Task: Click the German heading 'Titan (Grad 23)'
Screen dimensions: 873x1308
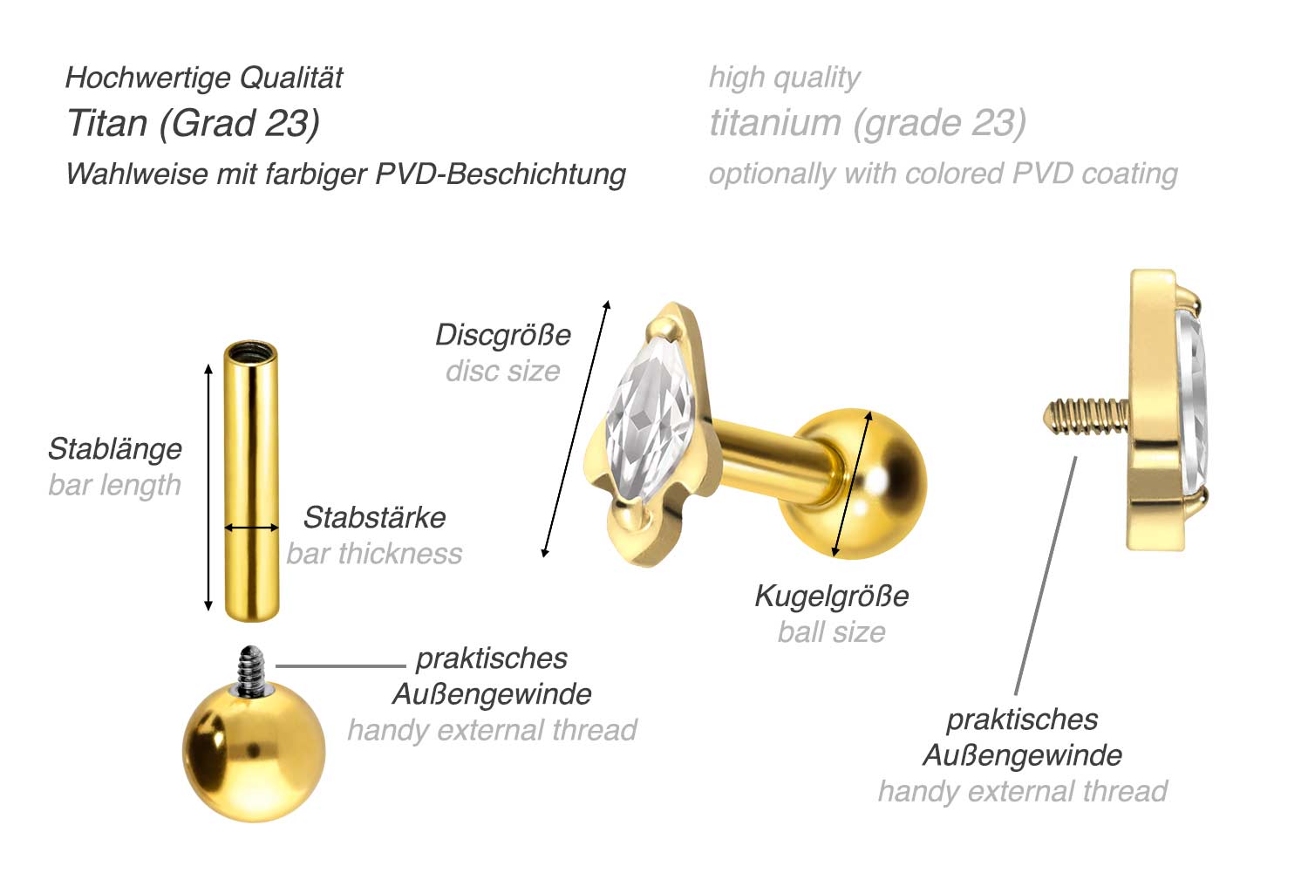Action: pyautogui.click(x=193, y=123)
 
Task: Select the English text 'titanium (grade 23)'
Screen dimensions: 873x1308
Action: pyautogui.click(x=867, y=123)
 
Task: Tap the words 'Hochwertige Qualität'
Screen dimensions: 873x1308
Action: pyautogui.click(x=204, y=78)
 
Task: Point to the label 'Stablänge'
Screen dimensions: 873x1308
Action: pyautogui.click(x=115, y=448)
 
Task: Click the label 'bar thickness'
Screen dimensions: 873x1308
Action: pyautogui.click(x=374, y=553)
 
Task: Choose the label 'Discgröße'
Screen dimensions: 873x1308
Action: pyautogui.click(x=502, y=335)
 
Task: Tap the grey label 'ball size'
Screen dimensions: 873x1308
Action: pyautogui.click(x=831, y=631)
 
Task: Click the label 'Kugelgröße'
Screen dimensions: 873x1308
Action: pyautogui.click(x=831, y=596)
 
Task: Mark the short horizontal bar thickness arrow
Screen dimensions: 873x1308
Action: pyautogui.click(x=251, y=528)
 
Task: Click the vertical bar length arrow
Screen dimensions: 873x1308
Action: pyautogui.click(x=208, y=488)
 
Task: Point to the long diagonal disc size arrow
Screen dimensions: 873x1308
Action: pyautogui.click(x=576, y=428)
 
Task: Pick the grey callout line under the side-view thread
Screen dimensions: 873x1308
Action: pyautogui.click(x=1046, y=576)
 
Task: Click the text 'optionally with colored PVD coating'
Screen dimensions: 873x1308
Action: pyautogui.click(x=943, y=174)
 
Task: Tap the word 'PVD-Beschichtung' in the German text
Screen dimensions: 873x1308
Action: pyautogui.click(x=501, y=174)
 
